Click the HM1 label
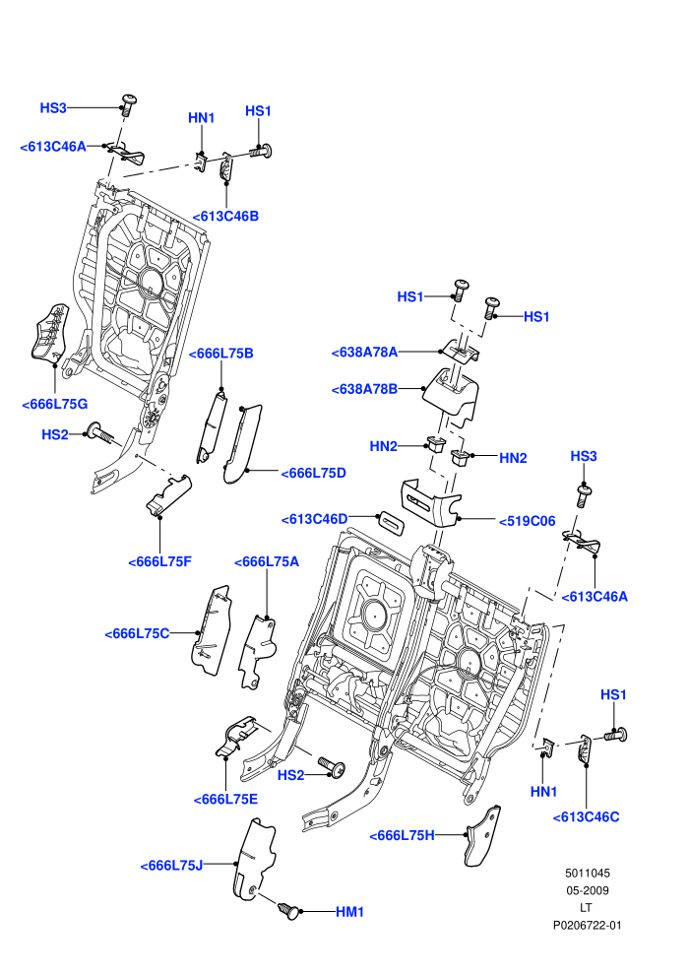coord(349,912)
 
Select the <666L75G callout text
coord(55,404)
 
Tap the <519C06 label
coord(527,521)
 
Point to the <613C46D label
coord(314,519)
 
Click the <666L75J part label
coord(171,866)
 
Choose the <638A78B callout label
coord(365,389)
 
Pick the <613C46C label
coord(586,817)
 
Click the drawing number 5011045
coord(587,873)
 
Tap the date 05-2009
coord(587,890)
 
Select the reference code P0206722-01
coord(587,925)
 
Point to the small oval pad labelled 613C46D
coord(393,521)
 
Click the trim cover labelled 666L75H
coord(482,836)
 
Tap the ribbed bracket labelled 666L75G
coord(49,333)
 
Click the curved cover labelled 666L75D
coord(243,443)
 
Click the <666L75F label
coord(159,561)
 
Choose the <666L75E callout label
coord(225,800)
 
